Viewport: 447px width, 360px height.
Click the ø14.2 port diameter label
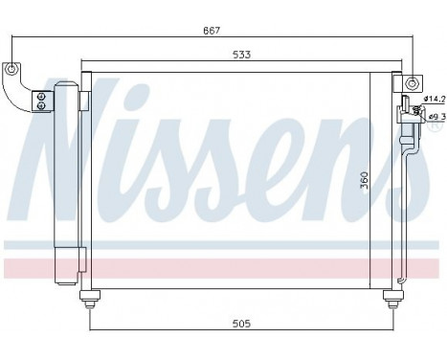tap(435, 99)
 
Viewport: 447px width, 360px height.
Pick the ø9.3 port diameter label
tap(436, 117)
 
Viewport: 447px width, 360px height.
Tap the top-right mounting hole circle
tap(412, 83)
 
